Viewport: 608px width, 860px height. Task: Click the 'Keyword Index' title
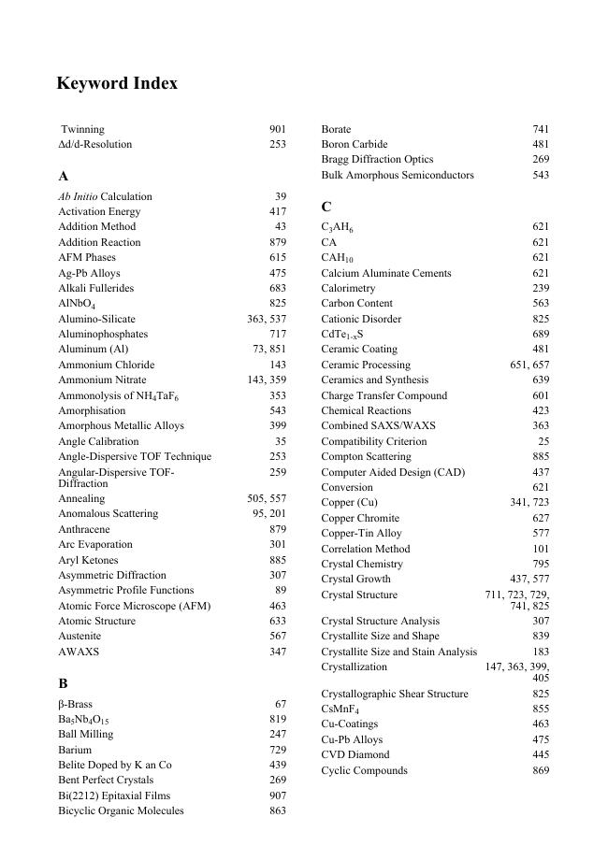pos(117,83)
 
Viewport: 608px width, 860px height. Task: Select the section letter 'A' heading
pos(64,176)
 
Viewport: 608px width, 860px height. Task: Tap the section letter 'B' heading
pos(64,683)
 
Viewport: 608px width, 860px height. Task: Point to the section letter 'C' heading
pos(326,207)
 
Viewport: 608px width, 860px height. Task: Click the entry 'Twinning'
pos(82,129)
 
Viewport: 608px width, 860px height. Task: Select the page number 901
pos(278,129)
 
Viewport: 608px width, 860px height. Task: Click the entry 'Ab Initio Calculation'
pos(105,196)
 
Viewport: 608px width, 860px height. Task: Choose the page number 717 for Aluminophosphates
pos(278,334)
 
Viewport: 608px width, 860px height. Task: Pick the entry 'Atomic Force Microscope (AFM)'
pos(134,606)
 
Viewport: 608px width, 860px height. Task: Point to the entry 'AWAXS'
pos(79,652)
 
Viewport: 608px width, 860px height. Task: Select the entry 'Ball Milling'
pos(85,734)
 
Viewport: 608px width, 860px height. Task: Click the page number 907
pos(278,795)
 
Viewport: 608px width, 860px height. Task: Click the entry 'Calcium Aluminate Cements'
pos(385,273)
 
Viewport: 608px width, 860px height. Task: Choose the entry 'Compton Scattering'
pos(366,456)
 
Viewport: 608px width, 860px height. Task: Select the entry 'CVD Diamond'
pos(355,754)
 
